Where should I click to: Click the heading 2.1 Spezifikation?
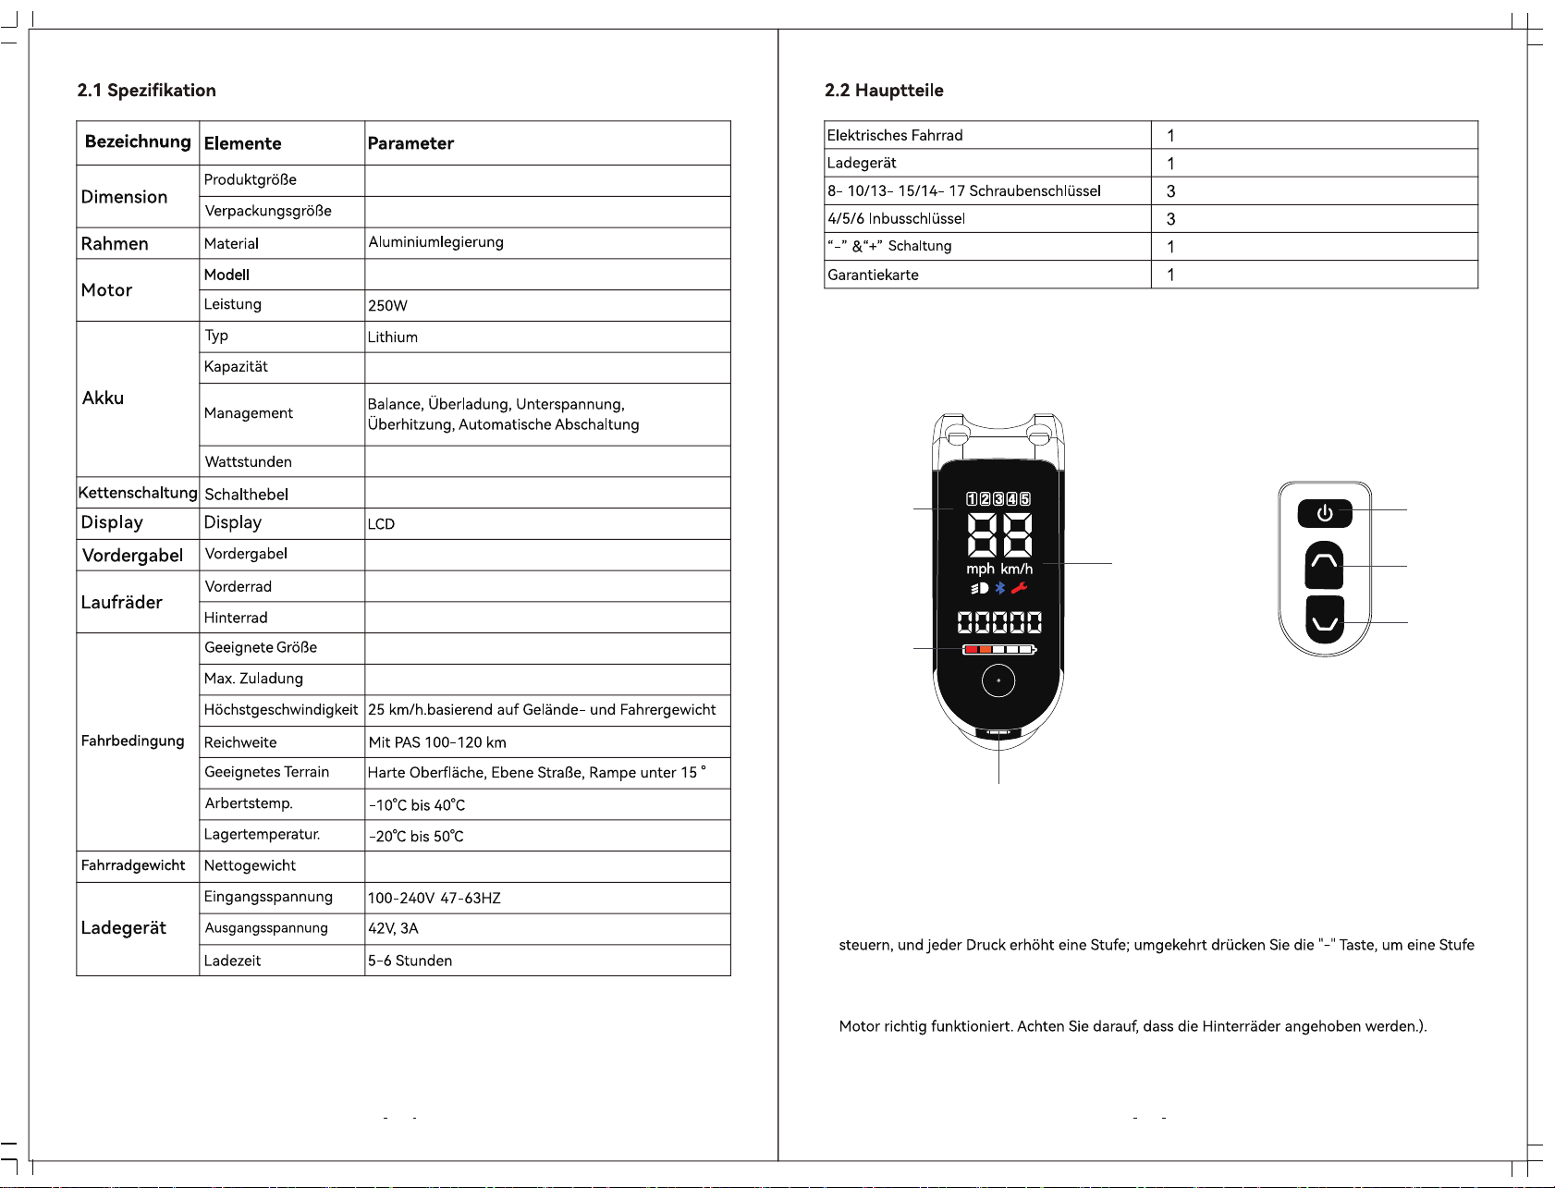146,90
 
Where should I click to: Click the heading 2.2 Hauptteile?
884,90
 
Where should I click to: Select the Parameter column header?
410,143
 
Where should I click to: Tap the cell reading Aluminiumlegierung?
435,242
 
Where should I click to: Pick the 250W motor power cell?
387,306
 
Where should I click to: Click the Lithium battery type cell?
393,337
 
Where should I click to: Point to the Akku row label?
103,398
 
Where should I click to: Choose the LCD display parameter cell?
381,524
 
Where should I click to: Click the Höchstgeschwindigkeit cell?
280,710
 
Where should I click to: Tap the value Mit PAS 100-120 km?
437,742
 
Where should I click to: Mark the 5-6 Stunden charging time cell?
410,961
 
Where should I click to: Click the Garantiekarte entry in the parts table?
873,275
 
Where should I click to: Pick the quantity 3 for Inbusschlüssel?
1170,219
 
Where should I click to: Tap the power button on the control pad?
1325,513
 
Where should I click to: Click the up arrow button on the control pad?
1324,564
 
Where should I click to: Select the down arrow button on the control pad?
1325,620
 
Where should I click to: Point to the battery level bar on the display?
998,650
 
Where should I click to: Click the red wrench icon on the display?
1019,588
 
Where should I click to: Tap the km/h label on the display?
1016,570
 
